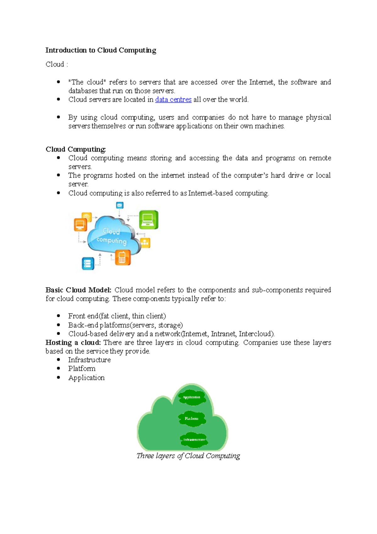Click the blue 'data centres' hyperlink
click(x=173, y=100)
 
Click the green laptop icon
click(x=148, y=220)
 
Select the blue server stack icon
click(x=88, y=263)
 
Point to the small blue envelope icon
click(x=119, y=205)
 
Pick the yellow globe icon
click(x=86, y=216)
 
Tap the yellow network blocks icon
click(x=145, y=243)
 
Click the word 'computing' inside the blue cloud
click(x=112, y=241)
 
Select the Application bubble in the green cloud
click(x=192, y=398)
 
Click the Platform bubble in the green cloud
click(x=192, y=419)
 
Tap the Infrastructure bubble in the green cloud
click(x=194, y=440)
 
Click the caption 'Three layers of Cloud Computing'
click(x=188, y=456)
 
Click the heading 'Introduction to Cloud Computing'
click(x=101, y=50)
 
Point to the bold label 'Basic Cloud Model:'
click(x=78, y=290)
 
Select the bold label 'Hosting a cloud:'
click(x=73, y=342)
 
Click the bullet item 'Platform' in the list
click(x=82, y=369)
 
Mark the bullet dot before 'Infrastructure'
click(x=58, y=359)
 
